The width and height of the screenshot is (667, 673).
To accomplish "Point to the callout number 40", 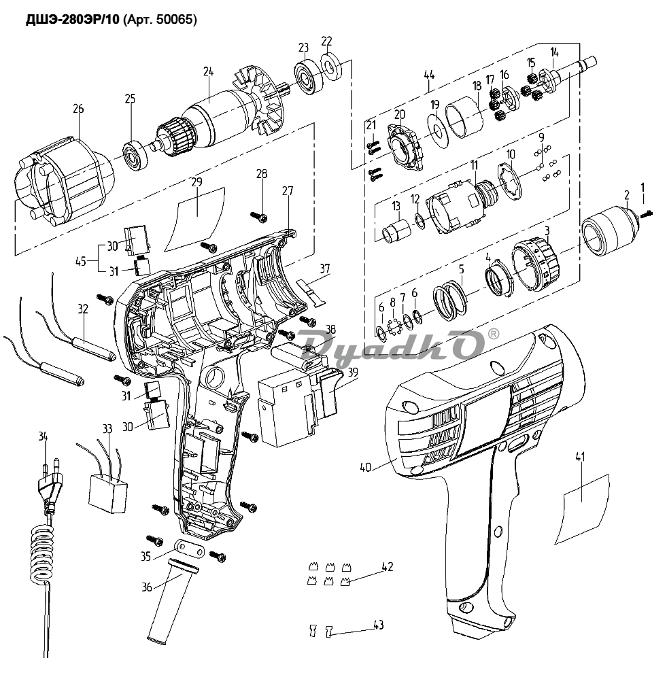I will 366,467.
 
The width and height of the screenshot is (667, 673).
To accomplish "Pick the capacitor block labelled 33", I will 109,489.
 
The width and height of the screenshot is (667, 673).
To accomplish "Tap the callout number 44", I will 429,74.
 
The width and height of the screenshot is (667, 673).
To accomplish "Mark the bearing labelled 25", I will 136,154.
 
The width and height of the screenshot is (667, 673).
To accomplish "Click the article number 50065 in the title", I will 175,20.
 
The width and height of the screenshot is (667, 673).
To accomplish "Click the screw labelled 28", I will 260,215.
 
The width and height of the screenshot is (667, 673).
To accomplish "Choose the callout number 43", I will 379,625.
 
